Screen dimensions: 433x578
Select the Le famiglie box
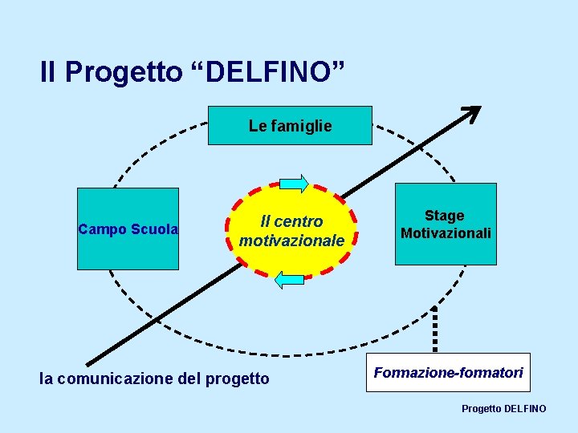[290, 126]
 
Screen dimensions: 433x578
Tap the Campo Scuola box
[128, 229]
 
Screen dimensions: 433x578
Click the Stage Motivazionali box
[446, 225]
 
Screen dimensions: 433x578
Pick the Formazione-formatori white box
[448, 372]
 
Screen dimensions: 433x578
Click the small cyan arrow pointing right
[294, 184]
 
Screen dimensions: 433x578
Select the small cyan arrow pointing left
[289, 280]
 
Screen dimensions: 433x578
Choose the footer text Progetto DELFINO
[503, 409]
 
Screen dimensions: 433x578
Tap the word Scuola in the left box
[157, 229]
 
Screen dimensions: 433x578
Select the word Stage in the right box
[445, 216]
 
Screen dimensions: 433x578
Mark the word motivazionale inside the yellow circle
[292, 241]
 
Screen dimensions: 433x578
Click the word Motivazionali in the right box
[446, 233]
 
